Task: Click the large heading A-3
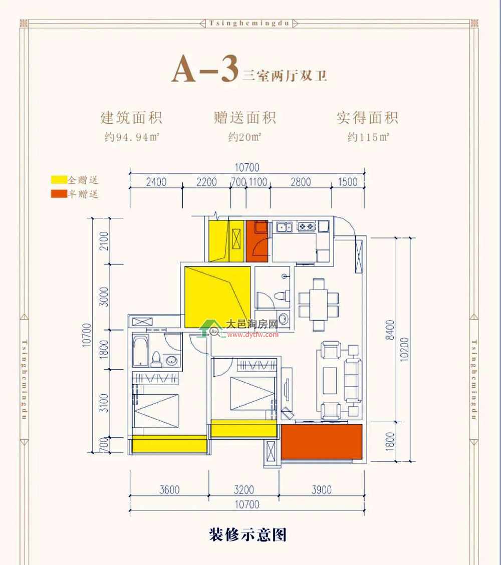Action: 205,69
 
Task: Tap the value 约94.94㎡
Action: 132,137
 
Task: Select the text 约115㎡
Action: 368,137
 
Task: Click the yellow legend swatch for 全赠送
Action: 59,179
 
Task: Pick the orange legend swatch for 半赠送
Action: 59,194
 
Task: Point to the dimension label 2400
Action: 156,182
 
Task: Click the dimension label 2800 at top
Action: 301,182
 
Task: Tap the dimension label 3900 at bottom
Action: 322,490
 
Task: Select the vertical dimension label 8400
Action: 390,330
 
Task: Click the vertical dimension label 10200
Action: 405,349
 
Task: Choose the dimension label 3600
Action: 169,490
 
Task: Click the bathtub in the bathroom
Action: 141,351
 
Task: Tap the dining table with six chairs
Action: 319,305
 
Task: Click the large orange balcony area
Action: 322,442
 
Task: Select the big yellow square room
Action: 217,297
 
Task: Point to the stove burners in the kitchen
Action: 307,226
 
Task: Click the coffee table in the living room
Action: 330,381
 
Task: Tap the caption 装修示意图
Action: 248,535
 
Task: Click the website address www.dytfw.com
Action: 253,335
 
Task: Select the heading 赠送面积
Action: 244,118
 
